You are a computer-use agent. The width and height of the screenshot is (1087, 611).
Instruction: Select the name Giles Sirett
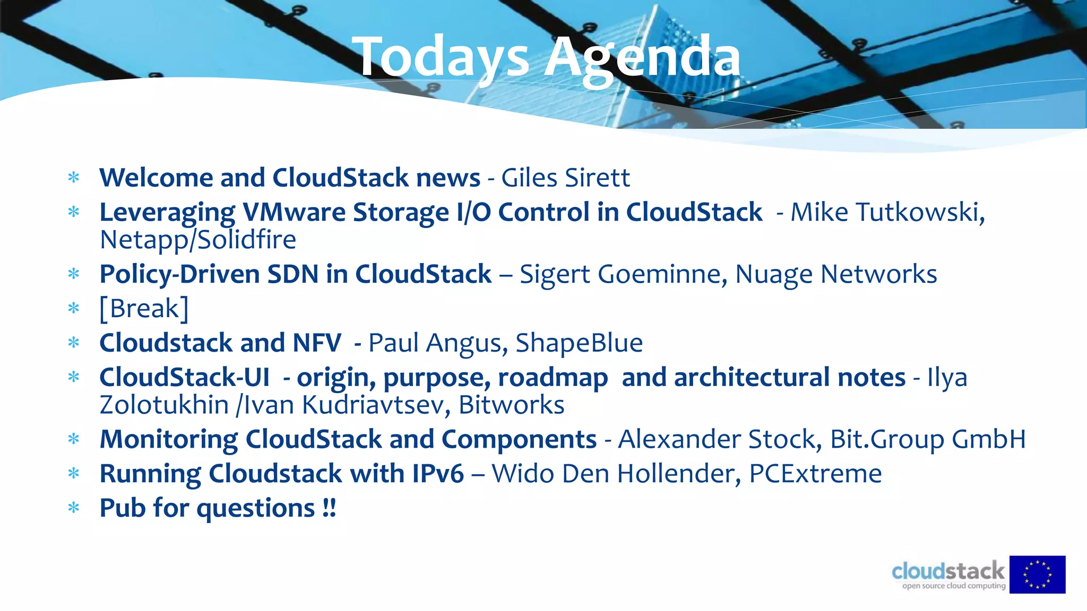tap(565, 178)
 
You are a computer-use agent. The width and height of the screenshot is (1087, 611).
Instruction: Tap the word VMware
tap(295, 212)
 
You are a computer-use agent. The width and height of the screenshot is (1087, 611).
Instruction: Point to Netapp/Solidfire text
tap(198, 240)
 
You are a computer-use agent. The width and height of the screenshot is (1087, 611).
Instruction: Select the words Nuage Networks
tap(836, 274)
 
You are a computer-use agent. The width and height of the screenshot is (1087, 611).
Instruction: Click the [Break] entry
tap(144, 309)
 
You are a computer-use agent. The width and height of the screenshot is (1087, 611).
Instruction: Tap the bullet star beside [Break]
tap(74, 309)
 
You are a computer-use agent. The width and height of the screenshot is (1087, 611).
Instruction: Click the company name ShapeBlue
tap(579, 343)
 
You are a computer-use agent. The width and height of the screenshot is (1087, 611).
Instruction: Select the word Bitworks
tap(511, 405)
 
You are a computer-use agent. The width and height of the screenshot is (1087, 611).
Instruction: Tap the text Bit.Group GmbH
tap(928, 439)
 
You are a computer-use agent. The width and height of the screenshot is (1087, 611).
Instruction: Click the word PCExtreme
tap(815, 474)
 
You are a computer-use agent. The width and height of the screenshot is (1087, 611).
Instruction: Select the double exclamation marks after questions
tap(329, 508)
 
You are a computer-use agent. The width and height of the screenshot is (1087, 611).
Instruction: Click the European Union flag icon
tap(1037, 574)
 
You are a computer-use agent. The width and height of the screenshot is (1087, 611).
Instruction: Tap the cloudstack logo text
tap(948, 572)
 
